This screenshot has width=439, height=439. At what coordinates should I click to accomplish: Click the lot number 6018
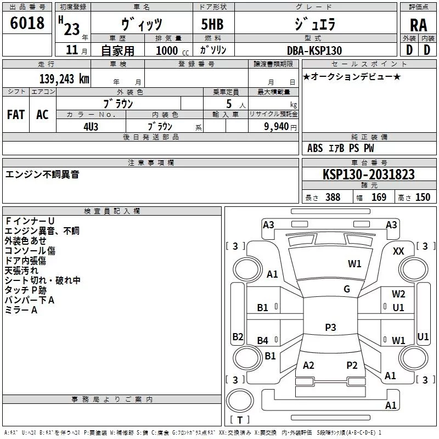click(27, 23)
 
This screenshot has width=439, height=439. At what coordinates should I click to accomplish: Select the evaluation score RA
click(418, 25)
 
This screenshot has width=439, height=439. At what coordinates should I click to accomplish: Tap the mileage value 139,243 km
click(64, 79)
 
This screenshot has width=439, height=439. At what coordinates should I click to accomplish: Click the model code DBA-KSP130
click(314, 50)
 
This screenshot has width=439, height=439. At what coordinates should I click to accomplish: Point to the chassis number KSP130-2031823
click(369, 175)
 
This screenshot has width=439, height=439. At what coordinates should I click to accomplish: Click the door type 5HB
click(212, 24)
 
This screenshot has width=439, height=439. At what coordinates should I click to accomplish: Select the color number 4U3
click(91, 127)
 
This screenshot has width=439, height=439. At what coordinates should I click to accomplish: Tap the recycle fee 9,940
click(277, 127)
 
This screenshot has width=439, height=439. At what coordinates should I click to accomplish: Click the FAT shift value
click(16, 115)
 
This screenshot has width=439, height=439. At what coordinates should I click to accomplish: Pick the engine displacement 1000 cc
click(172, 50)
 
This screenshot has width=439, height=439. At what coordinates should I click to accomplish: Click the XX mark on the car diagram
click(398, 251)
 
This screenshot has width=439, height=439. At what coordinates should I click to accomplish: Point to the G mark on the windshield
click(347, 289)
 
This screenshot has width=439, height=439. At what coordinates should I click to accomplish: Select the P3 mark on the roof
click(330, 327)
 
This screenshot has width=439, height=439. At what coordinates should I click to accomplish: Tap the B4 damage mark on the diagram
click(263, 340)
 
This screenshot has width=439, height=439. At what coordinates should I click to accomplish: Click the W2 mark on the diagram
click(398, 294)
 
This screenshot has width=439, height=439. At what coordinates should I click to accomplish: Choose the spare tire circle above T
click(240, 401)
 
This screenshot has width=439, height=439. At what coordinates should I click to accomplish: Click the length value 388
click(333, 198)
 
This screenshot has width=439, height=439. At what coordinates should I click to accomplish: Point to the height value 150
click(423, 198)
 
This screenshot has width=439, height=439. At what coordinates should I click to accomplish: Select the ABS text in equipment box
click(315, 148)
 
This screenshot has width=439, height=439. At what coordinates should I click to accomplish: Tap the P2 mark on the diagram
click(352, 365)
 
